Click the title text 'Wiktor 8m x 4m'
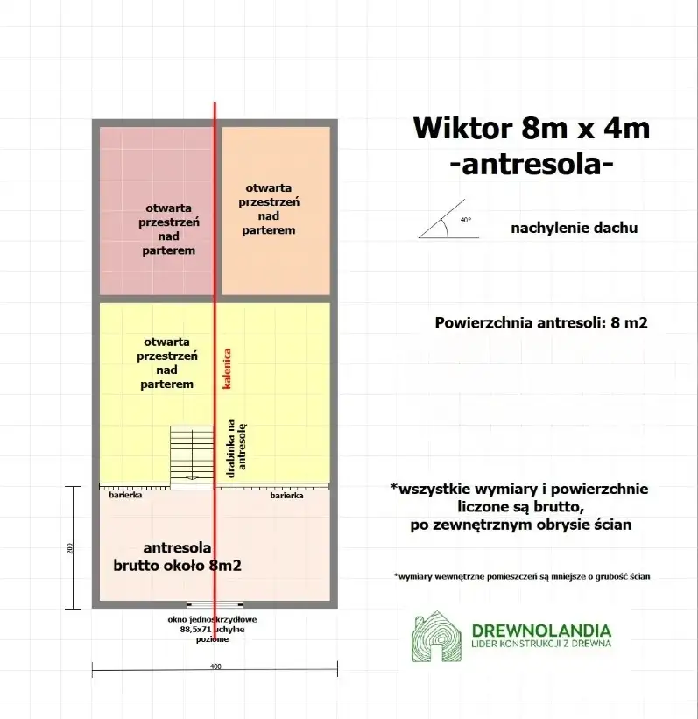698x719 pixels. click(532, 128)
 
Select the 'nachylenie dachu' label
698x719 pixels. click(574, 228)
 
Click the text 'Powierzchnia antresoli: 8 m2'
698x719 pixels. click(540, 321)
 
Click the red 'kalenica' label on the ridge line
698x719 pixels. click(226, 369)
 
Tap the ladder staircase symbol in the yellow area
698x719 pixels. click(193, 453)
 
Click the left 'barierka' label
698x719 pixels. click(126, 496)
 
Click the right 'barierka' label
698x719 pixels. click(287, 496)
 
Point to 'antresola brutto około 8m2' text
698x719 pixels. click(178, 557)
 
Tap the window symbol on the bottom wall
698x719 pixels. click(214, 604)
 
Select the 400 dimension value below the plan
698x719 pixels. click(215, 666)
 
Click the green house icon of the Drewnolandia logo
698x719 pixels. click(438, 636)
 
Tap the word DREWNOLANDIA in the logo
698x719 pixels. click(540, 630)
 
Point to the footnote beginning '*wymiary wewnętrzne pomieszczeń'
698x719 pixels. click(521, 576)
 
